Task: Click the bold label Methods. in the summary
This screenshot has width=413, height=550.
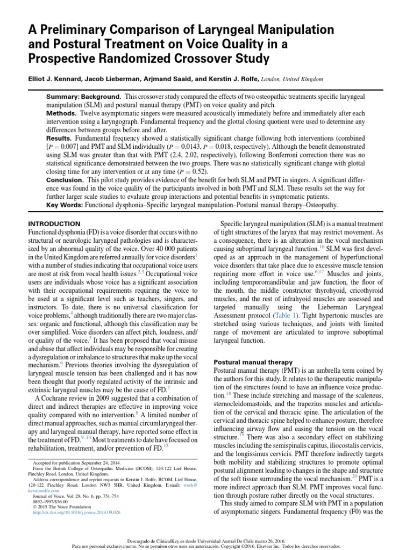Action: [61, 114]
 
